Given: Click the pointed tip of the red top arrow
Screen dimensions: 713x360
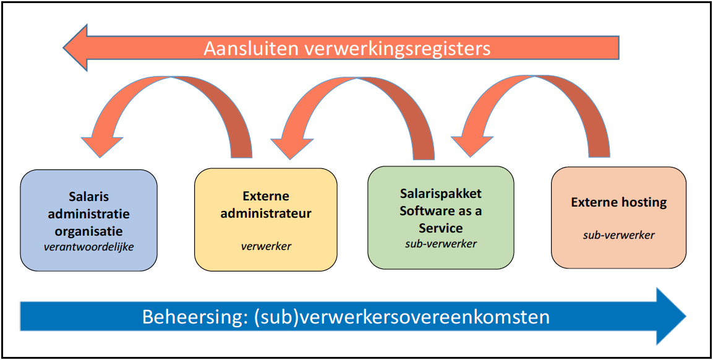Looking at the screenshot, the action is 64,48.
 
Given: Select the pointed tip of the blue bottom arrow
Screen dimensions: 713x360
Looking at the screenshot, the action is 685,316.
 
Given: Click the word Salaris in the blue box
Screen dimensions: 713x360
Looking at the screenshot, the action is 89,197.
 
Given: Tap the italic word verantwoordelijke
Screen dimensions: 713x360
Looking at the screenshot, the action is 89,248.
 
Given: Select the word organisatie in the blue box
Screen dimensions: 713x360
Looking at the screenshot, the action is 89,231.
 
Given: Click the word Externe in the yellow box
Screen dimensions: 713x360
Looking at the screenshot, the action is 266,196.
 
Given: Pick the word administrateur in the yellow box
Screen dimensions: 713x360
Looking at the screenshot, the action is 266,213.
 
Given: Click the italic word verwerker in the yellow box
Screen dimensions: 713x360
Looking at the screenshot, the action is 266,246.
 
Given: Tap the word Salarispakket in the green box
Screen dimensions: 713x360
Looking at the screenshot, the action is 441,194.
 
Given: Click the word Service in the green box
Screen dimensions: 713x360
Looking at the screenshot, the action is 441,228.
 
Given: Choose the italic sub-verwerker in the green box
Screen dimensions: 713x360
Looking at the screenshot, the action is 441,244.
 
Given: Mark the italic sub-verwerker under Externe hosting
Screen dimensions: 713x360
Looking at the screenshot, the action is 619,235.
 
